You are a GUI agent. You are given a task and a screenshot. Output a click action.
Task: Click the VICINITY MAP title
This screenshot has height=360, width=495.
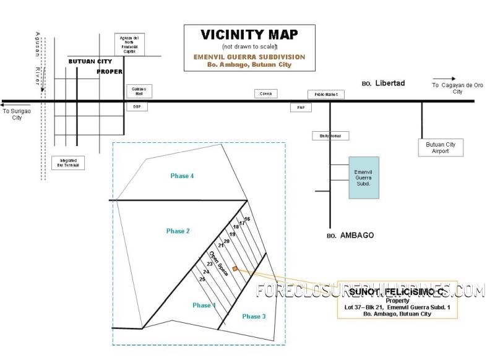(x=249, y=35)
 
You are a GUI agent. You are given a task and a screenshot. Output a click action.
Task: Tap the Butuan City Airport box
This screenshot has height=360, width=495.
(x=441, y=148)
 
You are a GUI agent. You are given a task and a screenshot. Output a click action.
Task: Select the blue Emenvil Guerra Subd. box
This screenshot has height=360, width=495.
(x=363, y=177)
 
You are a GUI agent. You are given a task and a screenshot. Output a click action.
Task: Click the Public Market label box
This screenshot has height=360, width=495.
(x=326, y=95)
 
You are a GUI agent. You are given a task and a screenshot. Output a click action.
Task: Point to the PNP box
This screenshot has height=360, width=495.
(x=301, y=108)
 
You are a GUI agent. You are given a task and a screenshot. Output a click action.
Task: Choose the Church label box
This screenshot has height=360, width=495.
(x=267, y=93)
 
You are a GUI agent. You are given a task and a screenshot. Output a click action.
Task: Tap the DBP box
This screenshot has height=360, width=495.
(x=137, y=106)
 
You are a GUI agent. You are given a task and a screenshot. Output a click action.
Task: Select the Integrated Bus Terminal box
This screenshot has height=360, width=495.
(x=68, y=163)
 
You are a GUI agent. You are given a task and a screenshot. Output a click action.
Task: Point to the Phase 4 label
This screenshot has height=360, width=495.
(x=183, y=176)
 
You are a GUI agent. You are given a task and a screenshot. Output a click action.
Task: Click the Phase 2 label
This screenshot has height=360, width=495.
(x=178, y=231)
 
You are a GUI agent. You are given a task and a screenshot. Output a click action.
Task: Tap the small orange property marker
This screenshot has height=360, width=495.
(x=235, y=269)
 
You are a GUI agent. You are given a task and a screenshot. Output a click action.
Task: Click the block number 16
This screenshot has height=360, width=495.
(x=247, y=220)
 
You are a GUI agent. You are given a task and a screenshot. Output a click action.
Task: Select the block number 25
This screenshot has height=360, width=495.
(x=202, y=280)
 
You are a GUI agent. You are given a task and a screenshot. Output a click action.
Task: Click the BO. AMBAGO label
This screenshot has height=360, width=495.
(x=350, y=236)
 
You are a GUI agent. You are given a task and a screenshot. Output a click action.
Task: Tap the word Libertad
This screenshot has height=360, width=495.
(x=389, y=83)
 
